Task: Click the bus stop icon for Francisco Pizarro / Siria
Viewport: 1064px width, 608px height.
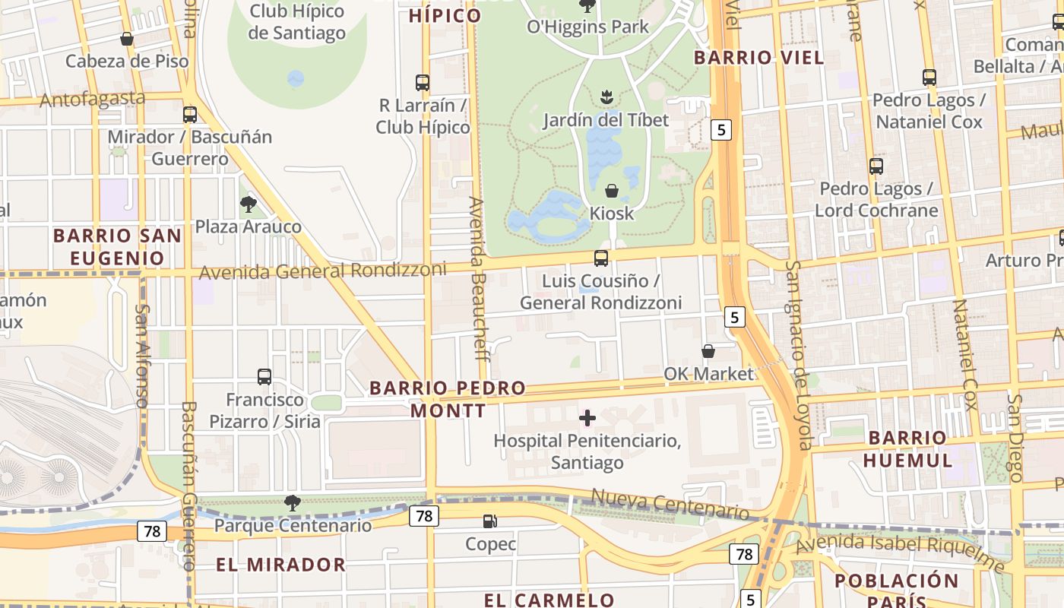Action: click(264, 376)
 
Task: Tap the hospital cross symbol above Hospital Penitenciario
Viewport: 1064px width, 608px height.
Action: click(587, 417)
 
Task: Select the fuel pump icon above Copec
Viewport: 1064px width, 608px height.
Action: click(490, 521)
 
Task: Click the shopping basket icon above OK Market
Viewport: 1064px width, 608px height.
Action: click(708, 351)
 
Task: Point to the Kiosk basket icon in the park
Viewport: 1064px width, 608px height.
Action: click(611, 191)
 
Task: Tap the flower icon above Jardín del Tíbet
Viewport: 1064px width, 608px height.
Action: click(606, 97)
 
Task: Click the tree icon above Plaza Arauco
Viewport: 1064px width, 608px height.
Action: click(248, 204)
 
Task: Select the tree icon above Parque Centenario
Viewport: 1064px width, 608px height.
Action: click(292, 502)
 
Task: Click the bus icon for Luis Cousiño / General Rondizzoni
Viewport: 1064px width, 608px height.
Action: click(601, 258)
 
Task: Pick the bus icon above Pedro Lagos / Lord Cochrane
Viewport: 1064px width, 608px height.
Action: click(876, 166)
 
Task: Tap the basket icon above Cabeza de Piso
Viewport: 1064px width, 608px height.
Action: click(127, 39)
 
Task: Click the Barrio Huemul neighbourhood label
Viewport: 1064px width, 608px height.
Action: click(907, 448)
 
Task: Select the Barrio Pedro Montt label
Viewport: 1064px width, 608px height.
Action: click(448, 399)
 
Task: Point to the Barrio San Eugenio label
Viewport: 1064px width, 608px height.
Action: click(117, 247)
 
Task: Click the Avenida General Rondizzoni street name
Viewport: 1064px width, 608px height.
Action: click(322, 271)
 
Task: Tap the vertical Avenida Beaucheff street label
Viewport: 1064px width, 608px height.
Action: click(477, 274)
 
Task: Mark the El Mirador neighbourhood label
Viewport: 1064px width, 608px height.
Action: click(280, 565)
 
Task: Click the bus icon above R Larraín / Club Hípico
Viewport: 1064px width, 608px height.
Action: click(423, 83)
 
